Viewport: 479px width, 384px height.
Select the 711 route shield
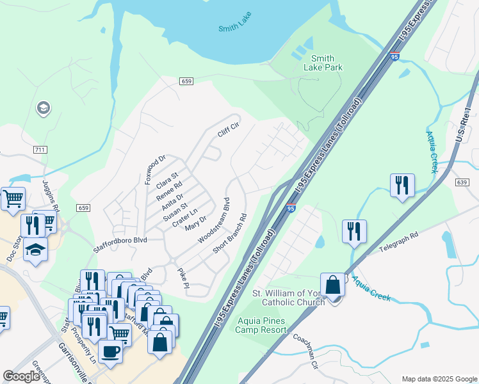coord(40,149)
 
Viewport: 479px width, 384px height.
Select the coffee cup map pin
coord(110,351)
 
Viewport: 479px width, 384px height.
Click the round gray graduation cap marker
coord(44,108)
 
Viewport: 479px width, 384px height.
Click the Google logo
coord(21,376)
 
